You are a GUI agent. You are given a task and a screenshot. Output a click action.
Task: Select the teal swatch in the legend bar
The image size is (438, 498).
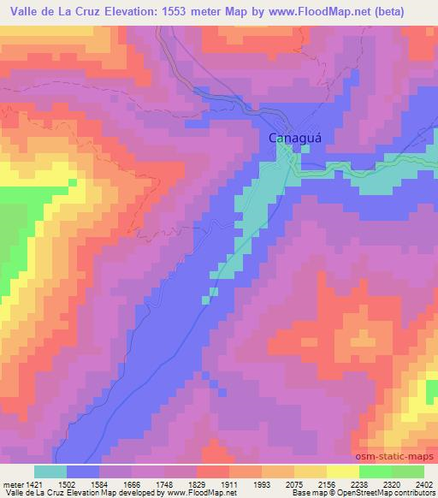(x=50, y=471)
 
